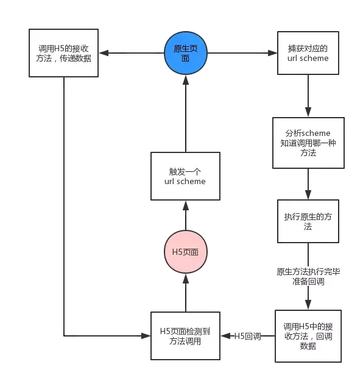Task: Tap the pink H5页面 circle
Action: click(x=186, y=252)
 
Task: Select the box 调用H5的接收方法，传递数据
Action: click(x=63, y=52)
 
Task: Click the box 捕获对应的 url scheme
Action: click(x=308, y=53)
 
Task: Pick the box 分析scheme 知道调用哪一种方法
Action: click(x=308, y=143)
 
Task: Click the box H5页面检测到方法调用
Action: click(x=185, y=336)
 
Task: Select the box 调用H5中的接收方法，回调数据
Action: click(x=308, y=336)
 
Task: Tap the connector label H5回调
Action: click(x=248, y=336)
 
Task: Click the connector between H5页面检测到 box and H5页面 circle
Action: click(x=186, y=291)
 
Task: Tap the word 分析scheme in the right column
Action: click(x=308, y=133)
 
